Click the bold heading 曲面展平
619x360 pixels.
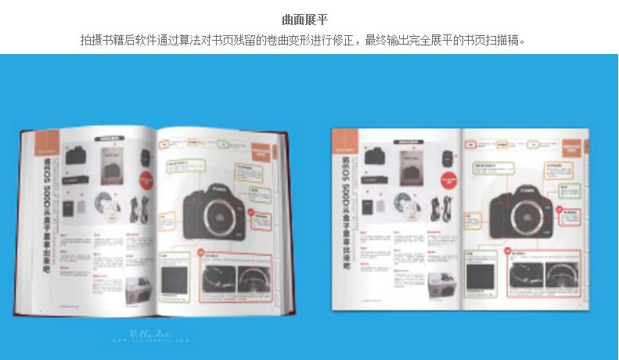click(309, 19)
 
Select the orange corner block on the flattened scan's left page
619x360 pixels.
click(346, 141)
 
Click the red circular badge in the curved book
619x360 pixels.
click(201, 254)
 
